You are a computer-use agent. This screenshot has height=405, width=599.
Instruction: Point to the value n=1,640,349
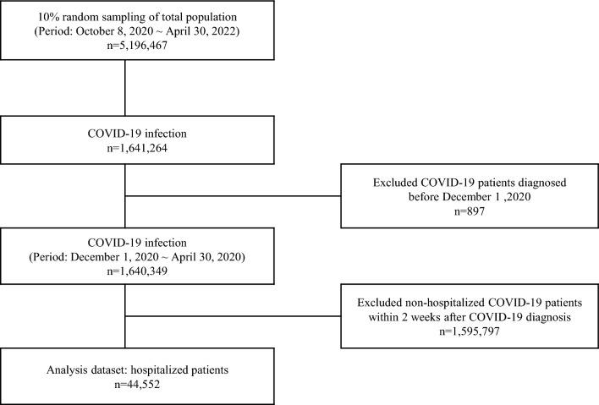click(x=125, y=264)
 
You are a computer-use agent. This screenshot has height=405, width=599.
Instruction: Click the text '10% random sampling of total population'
click(x=125, y=17)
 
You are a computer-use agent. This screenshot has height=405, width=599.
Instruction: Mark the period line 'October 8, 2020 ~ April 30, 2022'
click(x=125, y=32)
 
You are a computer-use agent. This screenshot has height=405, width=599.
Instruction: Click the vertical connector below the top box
click(x=125, y=85)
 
